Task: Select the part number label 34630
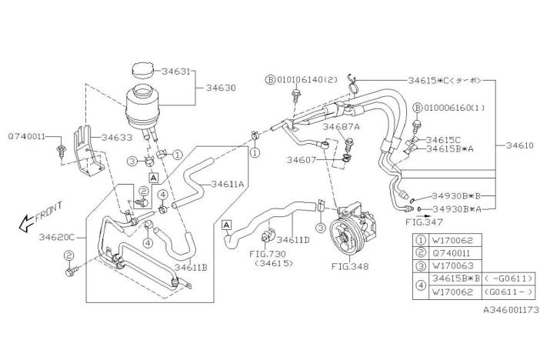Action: (221, 88)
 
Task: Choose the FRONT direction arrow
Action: (41, 218)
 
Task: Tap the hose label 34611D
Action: (293, 240)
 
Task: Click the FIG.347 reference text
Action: (421, 222)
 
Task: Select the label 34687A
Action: (342, 126)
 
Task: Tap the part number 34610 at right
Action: (516, 144)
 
